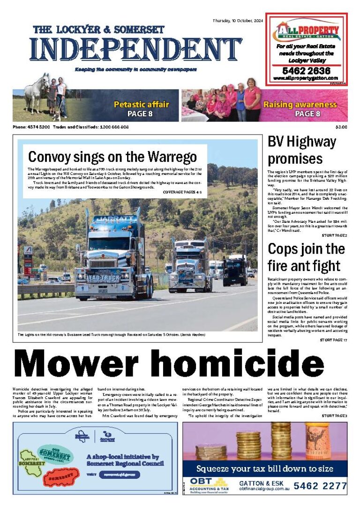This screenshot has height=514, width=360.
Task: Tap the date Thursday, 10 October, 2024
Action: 239,21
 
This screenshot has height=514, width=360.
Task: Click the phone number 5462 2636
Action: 307,70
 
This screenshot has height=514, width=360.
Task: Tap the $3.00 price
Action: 341,127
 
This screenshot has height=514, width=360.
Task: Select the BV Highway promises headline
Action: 301,149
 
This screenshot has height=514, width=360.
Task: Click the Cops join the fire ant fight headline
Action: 306,257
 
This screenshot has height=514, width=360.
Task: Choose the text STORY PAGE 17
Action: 333,340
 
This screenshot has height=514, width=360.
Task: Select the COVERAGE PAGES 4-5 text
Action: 182,193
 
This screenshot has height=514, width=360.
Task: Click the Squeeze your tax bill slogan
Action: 265,469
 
